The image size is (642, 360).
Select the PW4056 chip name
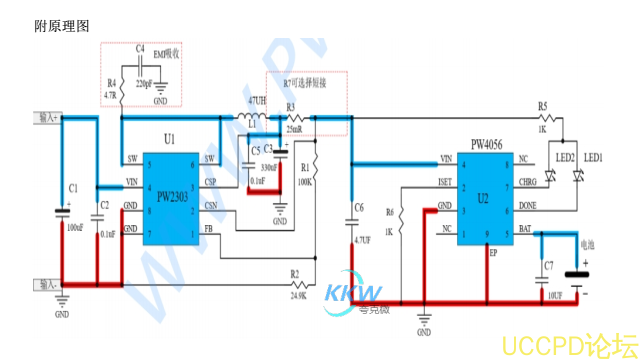coord(487,145)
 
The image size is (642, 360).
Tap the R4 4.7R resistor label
coord(110,88)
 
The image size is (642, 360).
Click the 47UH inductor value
coord(257,101)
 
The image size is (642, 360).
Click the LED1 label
coord(594,158)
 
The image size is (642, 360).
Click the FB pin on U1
coord(208,230)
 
